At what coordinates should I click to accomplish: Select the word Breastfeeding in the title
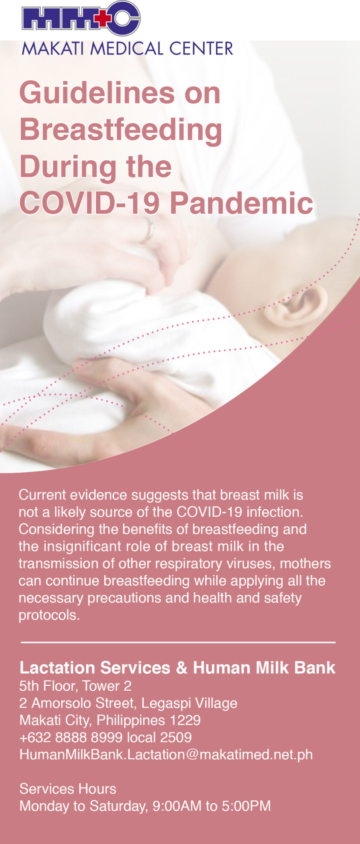coord(121,129)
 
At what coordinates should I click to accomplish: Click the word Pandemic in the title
coord(241,203)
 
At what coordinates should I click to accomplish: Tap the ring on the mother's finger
coord(149,229)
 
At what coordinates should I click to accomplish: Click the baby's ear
coord(296,305)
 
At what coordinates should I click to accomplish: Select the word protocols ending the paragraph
coord(49,615)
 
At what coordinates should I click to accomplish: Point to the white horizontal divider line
coord(178,642)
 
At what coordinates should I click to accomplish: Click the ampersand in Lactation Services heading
coord(181,668)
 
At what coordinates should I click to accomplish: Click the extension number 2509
coord(175,737)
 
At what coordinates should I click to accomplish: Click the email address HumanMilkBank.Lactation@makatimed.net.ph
coord(166,755)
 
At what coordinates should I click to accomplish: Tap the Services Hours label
coord(68,789)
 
